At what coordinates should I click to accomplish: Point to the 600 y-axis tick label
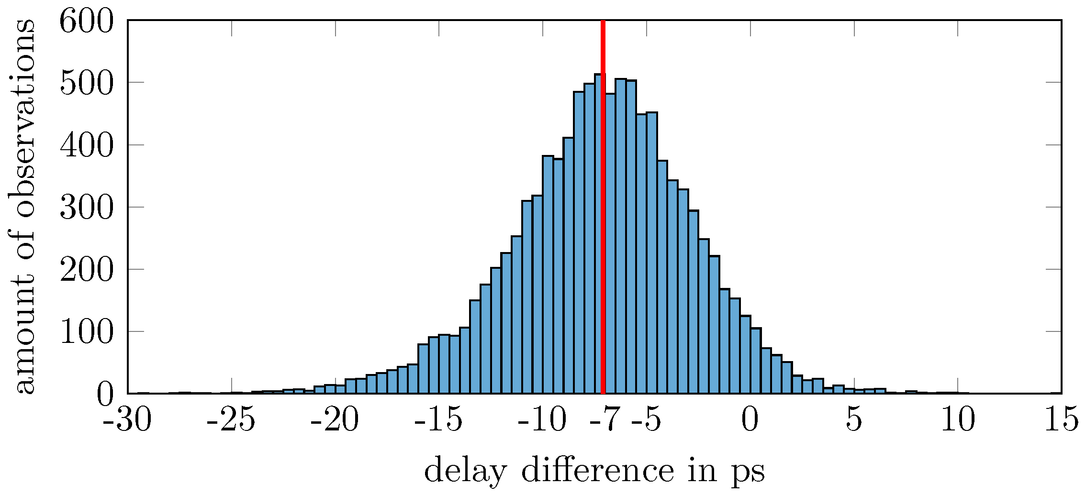tap(87, 22)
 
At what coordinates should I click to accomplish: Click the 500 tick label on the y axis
tap(87, 83)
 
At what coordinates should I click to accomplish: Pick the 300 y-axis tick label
tap(87, 208)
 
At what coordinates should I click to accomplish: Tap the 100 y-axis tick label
tap(87, 332)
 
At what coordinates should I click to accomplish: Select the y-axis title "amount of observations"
tap(23, 207)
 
